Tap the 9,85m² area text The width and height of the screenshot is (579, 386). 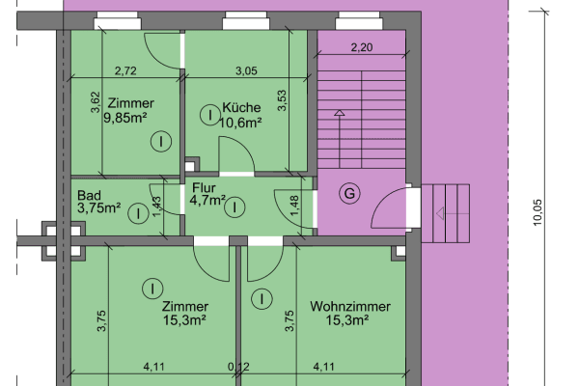pyautogui.click(x=130, y=120)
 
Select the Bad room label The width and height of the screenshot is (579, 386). pyautogui.click(x=89, y=194)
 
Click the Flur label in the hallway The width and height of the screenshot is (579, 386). pyautogui.click(x=204, y=188)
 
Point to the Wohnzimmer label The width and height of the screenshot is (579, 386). pyautogui.click(x=350, y=307)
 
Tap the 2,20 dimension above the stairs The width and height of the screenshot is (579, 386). pyautogui.click(x=361, y=46)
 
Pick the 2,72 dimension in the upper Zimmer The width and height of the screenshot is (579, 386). pyautogui.click(x=125, y=70)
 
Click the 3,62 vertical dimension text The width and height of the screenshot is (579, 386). pyautogui.click(x=95, y=103)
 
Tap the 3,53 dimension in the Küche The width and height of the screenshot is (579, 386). pyautogui.click(x=283, y=101)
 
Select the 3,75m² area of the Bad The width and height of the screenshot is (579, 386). pyautogui.click(x=99, y=207)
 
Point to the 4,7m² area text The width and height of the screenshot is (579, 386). pyautogui.click(x=207, y=201)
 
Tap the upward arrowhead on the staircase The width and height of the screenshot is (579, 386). pyautogui.click(x=339, y=114)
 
